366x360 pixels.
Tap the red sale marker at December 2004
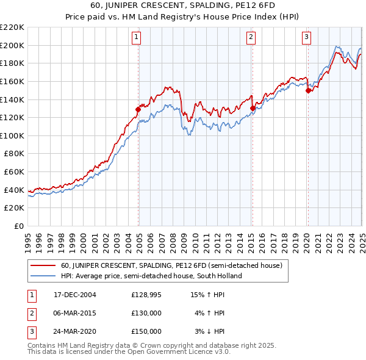click(x=138, y=109)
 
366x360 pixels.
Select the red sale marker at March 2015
click(x=253, y=108)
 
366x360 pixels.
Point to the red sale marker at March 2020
click(x=309, y=90)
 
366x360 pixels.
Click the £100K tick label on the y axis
click(x=12, y=135)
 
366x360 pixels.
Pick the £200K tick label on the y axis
click(x=12, y=45)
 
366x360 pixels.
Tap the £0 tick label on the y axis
click(x=18, y=226)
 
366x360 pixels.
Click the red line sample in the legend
click(x=43, y=266)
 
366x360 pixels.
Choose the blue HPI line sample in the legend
click(x=43, y=276)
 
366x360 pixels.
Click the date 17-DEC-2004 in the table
click(x=75, y=295)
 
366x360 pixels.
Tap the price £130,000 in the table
click(x=146, y=314)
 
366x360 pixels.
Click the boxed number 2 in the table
click(x=30, y=314)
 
